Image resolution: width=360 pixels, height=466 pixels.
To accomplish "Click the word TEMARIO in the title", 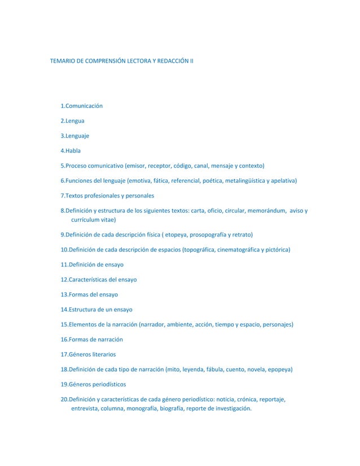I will (x=64, y=59).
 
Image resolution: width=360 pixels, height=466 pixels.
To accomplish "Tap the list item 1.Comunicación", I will (x=81, y=106).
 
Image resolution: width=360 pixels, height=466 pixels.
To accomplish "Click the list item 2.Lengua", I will (x=73, y=121).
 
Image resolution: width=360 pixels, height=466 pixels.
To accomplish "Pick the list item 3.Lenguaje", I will (x=75, y=136).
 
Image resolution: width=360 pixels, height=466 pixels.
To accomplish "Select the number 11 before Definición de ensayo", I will (x=64, y=265).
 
